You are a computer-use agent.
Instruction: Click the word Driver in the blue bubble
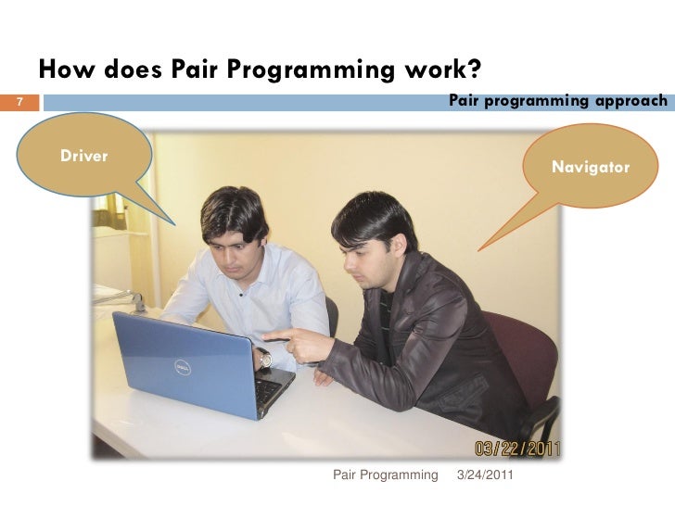(83, 155)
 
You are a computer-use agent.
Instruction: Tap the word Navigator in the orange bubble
(591, 168)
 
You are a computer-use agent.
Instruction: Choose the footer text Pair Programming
(385, 475)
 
